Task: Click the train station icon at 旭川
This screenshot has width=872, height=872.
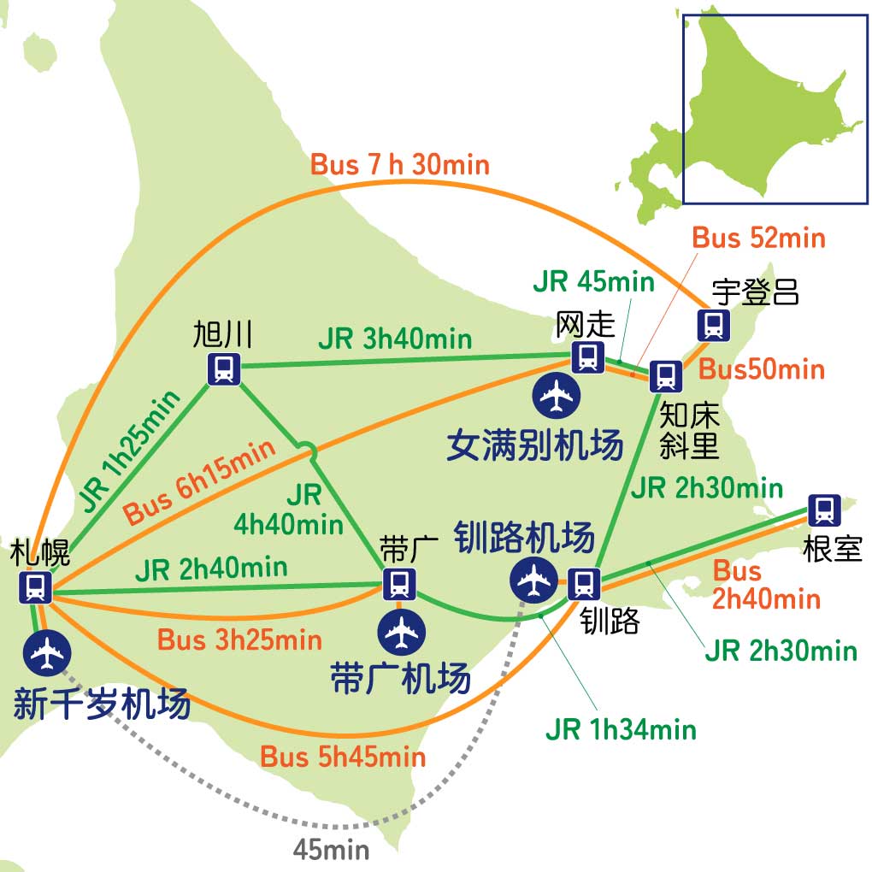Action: [224, 368]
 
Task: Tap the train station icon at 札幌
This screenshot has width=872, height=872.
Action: [36, 587]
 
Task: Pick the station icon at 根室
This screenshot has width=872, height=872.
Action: [823, 510]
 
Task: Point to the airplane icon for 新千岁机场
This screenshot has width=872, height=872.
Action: [47, 653]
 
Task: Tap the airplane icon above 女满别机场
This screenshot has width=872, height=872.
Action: [557, 394]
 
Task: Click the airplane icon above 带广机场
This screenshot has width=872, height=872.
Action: [401, 632]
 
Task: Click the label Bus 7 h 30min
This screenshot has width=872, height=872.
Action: [399, 164]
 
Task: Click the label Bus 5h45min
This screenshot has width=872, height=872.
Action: [342, 757]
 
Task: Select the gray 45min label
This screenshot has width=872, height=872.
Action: [331, 849]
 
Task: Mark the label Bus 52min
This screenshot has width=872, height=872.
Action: [758, 238]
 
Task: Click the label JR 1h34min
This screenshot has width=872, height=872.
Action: [621, 729]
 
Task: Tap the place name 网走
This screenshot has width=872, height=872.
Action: [585, 324]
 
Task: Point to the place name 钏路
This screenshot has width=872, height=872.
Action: [609, 621]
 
